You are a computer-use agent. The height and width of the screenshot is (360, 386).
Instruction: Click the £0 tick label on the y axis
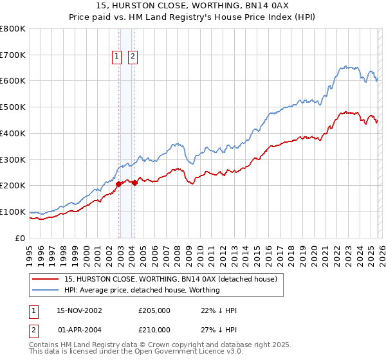tap(21, 238)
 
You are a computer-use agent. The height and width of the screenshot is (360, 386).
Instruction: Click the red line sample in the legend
tap(46, 280)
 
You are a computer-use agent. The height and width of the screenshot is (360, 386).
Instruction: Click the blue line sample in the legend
tap(46, 290)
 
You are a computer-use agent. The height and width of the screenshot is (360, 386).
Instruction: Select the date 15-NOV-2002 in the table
tap(79, 310)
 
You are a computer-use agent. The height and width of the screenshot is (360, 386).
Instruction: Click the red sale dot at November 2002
tap(119, 184)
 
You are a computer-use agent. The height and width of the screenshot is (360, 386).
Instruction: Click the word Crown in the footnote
tap(147, 345)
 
